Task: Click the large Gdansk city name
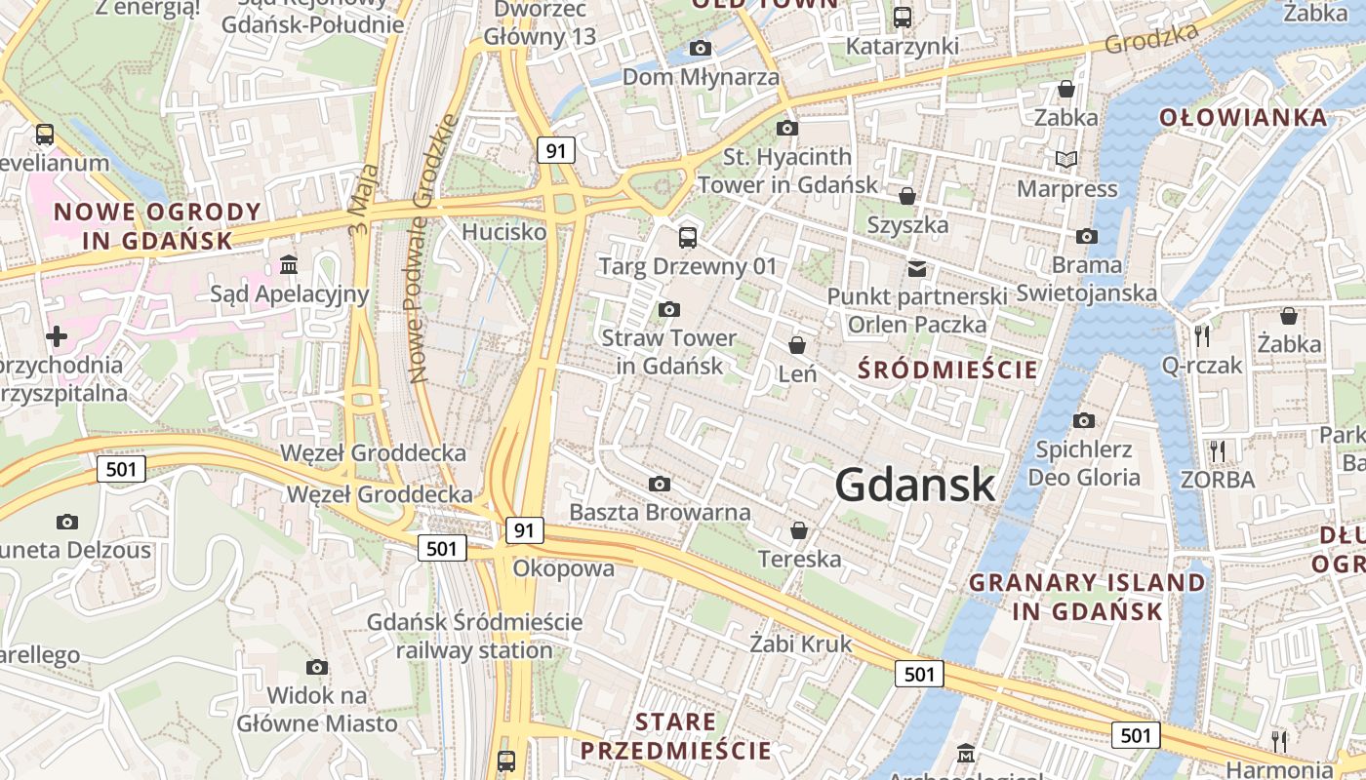click(914, 485)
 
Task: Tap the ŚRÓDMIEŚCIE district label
click(947, 370)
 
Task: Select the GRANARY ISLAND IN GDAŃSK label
click(1087, 597)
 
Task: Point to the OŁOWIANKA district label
click(1243, 118)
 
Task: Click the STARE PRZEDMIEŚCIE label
click(675, 736)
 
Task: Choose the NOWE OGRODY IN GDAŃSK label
click(157, 225)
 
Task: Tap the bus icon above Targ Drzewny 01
click(688, 237)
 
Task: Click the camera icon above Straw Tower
click(668, 310)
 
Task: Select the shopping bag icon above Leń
click(797, 345)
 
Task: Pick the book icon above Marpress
click(1066, 159)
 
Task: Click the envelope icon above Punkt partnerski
click(916, 268)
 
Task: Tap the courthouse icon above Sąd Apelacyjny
click(289, 264)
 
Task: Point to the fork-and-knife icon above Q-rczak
click(1202, 336)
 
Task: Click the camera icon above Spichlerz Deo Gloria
click(1083, 421)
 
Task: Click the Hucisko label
click(503, 232)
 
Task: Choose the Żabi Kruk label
click(801, 643)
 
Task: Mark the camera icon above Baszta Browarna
click(660, 485)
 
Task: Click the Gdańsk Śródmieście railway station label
click(474, 636)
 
